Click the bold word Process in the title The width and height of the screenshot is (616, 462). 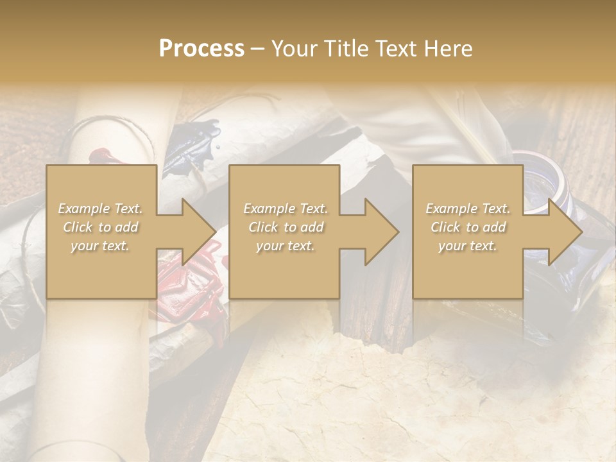pos(201,49)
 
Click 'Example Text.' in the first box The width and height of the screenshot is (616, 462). pos(100,209)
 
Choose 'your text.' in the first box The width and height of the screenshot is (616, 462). pos(100,246)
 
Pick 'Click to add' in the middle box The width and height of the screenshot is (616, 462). pos(285,227)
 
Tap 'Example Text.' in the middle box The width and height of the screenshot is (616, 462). pos(285,209)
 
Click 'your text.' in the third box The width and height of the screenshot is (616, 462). pos(468,246)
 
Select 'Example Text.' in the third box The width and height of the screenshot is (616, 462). pos(468,209)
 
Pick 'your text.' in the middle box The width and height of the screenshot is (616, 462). pos(285,246)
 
